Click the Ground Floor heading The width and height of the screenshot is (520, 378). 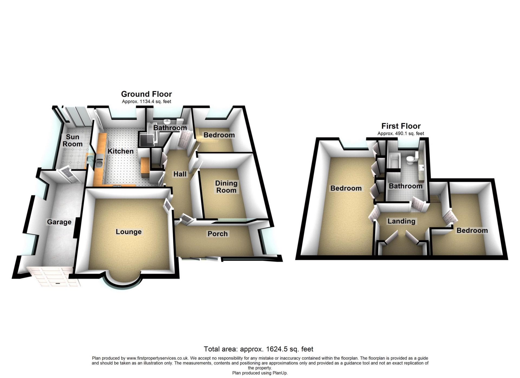(146, 94)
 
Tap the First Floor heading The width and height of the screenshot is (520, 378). (401, 126)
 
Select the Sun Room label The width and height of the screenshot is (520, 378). (72, 141)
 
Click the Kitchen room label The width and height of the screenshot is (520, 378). (121, 151)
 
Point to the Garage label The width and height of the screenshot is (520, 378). (59, 222)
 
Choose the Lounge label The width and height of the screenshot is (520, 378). (129, 232)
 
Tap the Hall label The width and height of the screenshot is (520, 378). (180, 174)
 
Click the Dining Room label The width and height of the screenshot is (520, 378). (226, 187)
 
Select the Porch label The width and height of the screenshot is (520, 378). (217, 234)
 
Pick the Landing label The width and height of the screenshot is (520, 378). (401, 221)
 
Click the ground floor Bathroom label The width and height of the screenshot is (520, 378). (170, 128)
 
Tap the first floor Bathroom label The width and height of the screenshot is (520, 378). (405, 186)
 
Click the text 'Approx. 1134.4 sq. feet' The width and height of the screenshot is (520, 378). (146, 102)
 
